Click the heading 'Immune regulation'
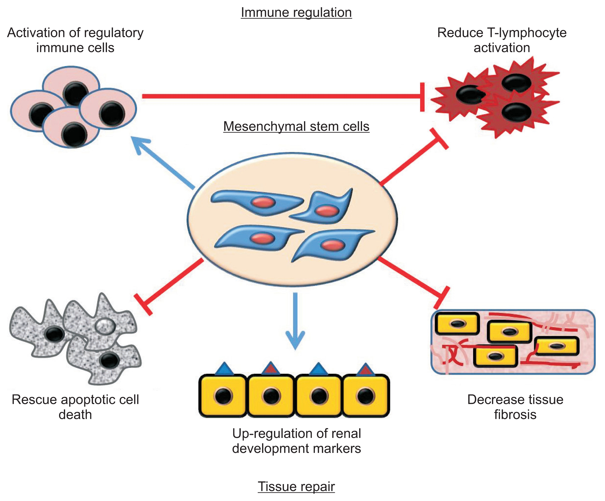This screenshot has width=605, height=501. click(x=296, y=13)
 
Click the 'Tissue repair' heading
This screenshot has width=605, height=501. click(x=296, y=486)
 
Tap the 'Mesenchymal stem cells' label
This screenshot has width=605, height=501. click(x=296, y=127)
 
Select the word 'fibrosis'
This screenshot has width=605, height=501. click(x=515, y=415)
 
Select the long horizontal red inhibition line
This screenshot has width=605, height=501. click(x=282, y=96)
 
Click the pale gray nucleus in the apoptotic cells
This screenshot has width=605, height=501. click(x=105, y=326)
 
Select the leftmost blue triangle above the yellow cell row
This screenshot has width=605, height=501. click(x=224, y=369)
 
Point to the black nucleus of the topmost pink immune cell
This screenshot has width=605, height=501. click(x=76, y=93)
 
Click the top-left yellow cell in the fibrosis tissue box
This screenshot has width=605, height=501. click(x=457, y=324)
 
